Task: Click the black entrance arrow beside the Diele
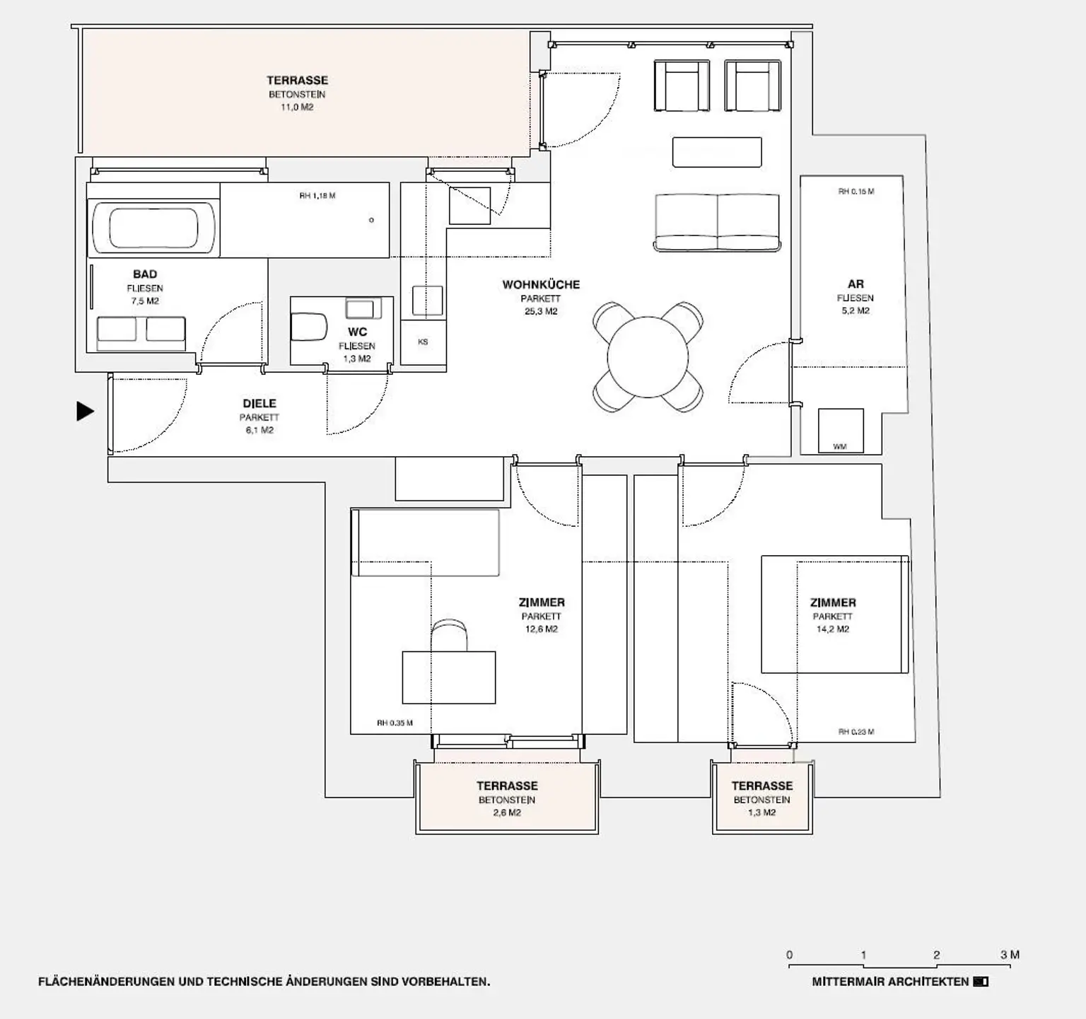click(x=85, y=411)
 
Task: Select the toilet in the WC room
click(x=309, y=328)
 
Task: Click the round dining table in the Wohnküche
click(x=648, y=357)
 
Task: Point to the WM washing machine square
click(x=840, y=431)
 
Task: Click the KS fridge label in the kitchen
click(x=423, y=342)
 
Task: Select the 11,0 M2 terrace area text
click(x=297, y=107)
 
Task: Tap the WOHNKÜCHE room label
click(x=541, y=284)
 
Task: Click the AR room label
click(x=856, y=284)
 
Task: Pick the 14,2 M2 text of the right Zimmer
click(x=833, y=629)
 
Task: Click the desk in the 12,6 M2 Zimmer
click(x=448, y=677)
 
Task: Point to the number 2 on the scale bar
click(x=936, y=955)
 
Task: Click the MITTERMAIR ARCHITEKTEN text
click(x=890, y=982)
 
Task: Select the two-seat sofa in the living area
click(x=717, y=223)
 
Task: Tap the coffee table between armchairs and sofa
click(x=717, y=153)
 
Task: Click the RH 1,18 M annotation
click(x=317, y=196)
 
